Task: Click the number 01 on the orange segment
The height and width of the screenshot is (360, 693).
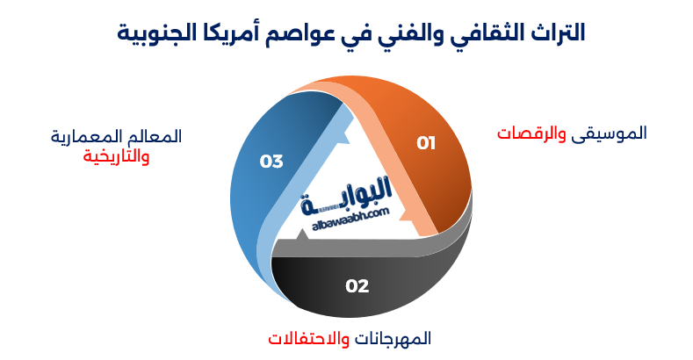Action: tap(426, 142)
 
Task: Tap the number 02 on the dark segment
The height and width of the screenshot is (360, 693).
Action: tap(357, 285)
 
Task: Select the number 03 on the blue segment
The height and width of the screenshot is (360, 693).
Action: tap(271, 162)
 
